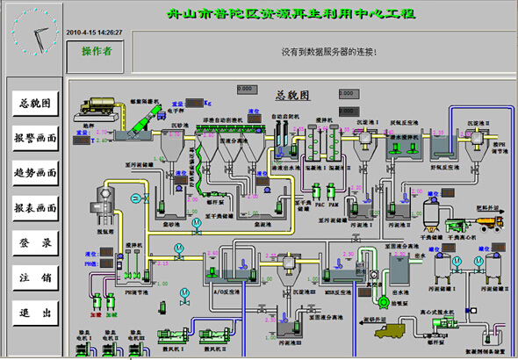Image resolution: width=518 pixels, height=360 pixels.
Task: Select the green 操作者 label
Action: click(97, 52)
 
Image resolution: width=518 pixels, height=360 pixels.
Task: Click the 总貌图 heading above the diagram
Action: click(291, 94)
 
